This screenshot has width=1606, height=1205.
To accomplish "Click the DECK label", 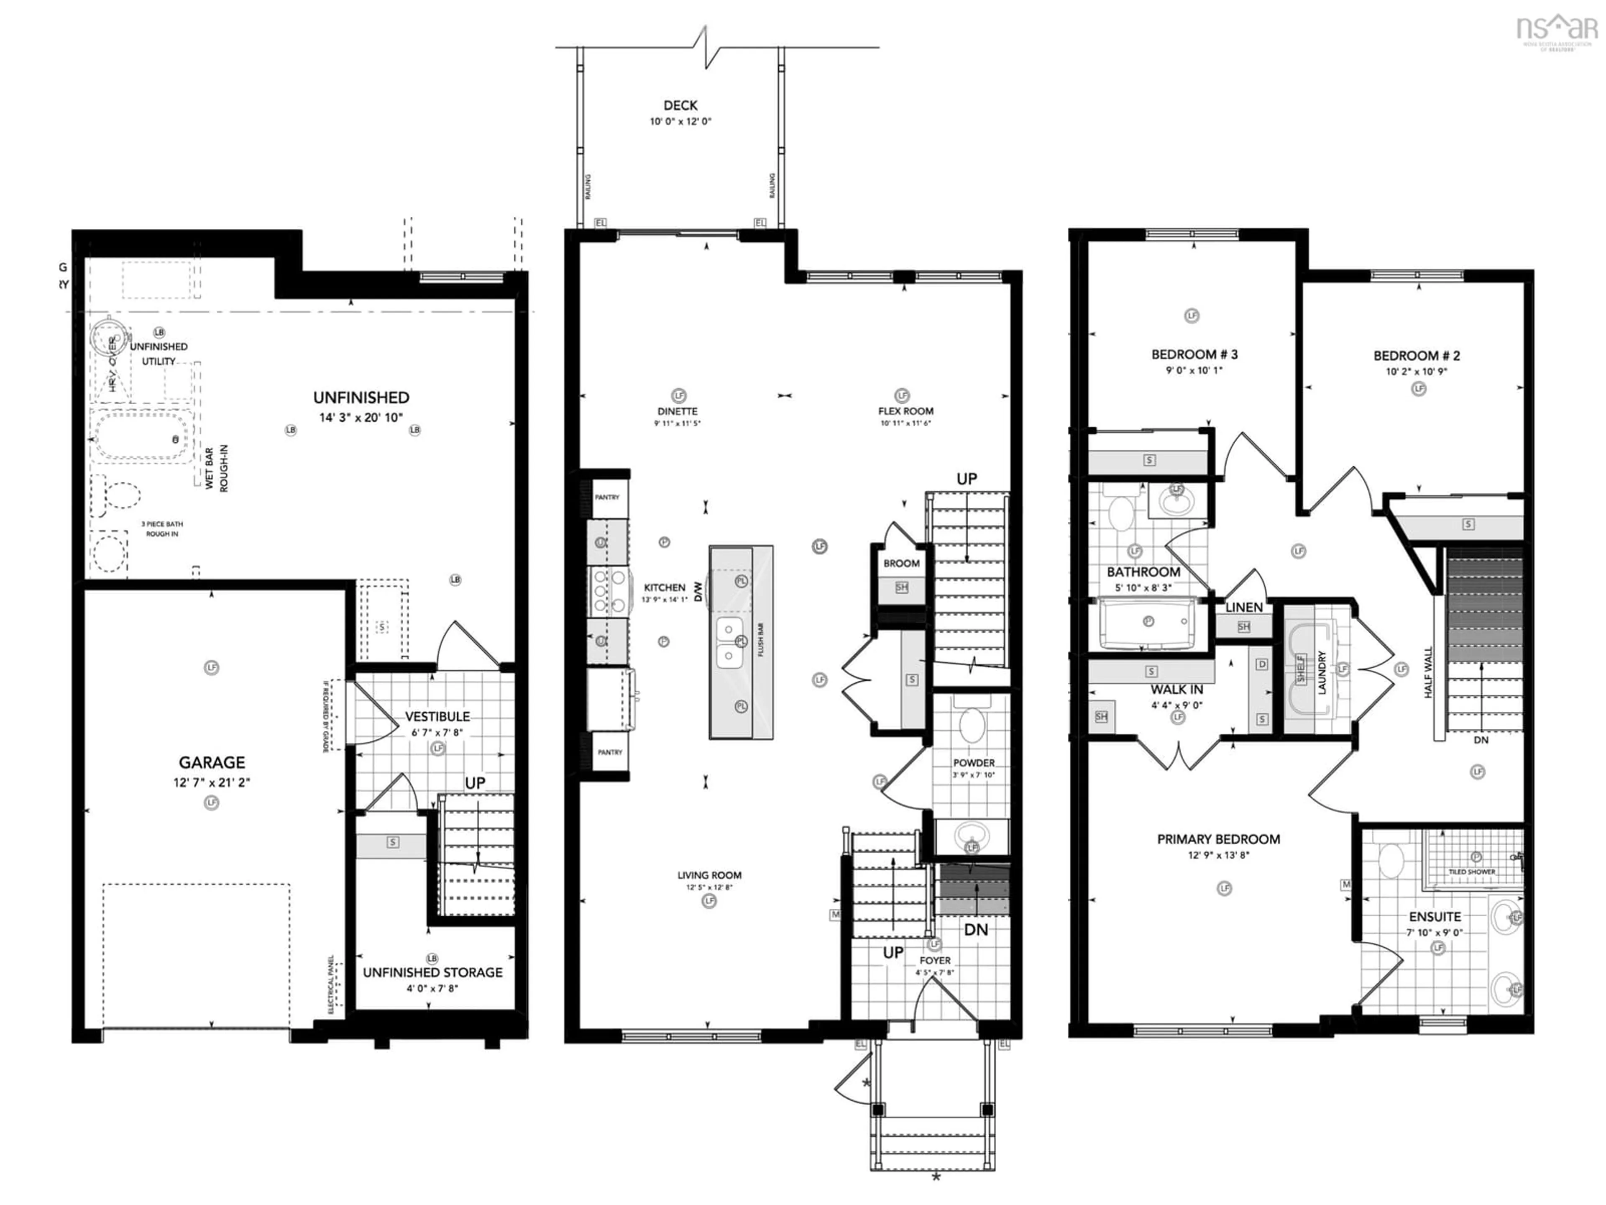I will tap(680, 106).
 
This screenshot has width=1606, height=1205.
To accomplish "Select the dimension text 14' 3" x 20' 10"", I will tap(361, 418).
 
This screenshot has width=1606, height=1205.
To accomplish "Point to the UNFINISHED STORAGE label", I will tap(433, 972).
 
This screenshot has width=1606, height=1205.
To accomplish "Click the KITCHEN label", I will tap(664, 587).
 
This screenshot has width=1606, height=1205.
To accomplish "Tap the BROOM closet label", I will tap(901, 563).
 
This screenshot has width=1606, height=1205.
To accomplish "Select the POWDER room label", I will tap(974, 763).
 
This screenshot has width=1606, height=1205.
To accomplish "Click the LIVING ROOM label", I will tap(709, 875).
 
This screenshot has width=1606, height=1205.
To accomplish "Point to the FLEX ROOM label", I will tap(905, 411).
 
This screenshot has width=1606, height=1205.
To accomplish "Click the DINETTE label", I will tap(678, 411).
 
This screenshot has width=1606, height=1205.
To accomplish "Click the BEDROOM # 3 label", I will tap(1194, 354).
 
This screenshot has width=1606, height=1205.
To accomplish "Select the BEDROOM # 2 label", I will tap(1417, 356).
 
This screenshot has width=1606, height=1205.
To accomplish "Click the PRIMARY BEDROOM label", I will tap(1218, 839).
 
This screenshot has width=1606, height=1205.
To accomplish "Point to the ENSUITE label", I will tap(1435, 917).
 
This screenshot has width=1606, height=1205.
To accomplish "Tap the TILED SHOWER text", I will tap(1472, 872).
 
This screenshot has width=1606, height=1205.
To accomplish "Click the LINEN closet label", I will tap(1244, 607).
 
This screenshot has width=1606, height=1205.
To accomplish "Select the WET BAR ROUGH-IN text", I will tap(216, 469).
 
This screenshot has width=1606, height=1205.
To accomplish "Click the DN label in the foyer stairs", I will tap(976, 930).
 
